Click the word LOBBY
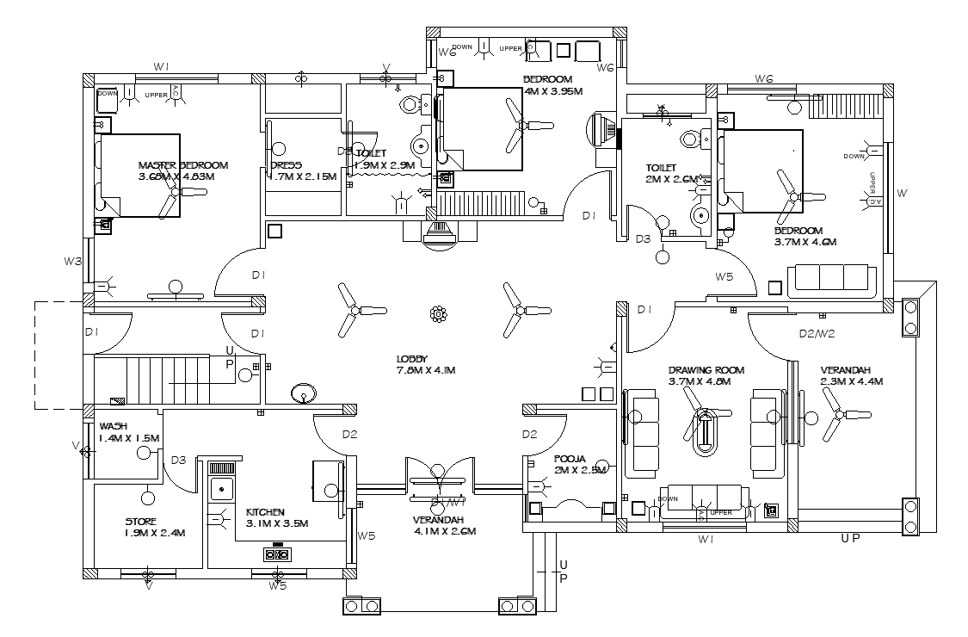pyautogui.click(x=412, y=359)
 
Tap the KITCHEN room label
pyautogui.click(x=265, y=511)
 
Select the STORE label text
pyautogui.click(x=140, y=522)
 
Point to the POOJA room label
pyautogui.click(x=570, y=459)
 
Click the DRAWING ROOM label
pyautogui.click(x=706, y=370)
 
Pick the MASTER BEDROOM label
pyautogui.click(x=182, y=165)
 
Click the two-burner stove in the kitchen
pyautogui.click(x=276, y=554)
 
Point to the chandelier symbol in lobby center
pyautogui.click(x=438, y=314)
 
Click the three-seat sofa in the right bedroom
pyautogui.click(x=832, y=278)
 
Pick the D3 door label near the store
pyautogui.click(x=178, y=460)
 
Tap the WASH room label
pyautogui.click(x=114, y=426)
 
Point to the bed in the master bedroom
pyautogui.click(x=139, y=175)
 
